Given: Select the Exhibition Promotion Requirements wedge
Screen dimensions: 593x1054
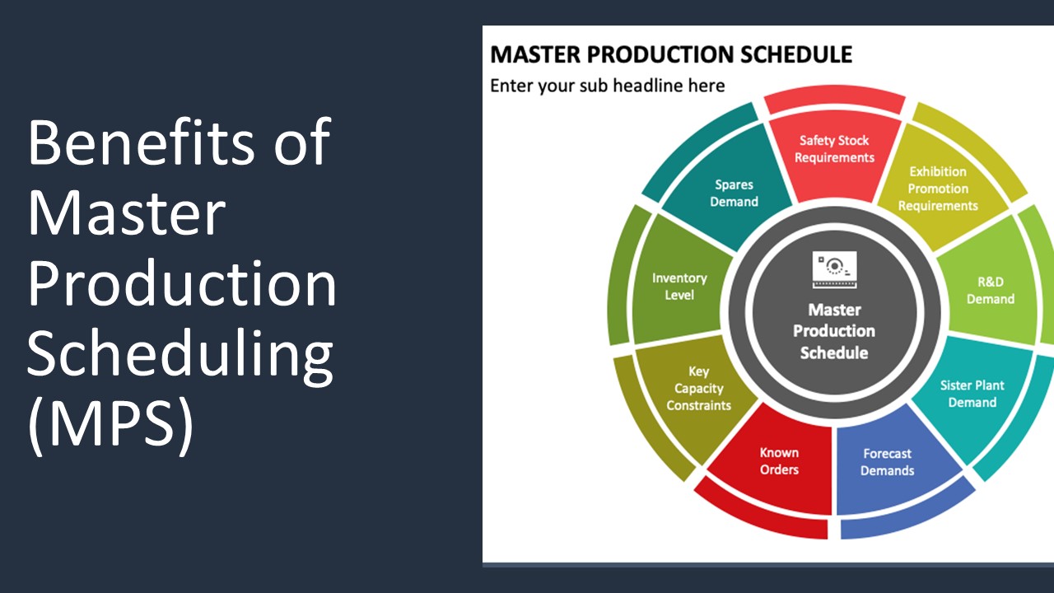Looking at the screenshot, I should coord(937,189).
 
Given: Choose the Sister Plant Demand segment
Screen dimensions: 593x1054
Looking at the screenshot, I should coord(972,394).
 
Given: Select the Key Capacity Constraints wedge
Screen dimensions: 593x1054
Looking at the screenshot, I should coord(698,389).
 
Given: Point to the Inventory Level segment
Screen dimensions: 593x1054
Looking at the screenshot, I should coord(679,287).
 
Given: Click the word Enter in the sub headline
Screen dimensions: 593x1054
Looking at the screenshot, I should coord(511,86).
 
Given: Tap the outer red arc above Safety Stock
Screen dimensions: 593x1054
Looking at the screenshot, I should coord(834,103).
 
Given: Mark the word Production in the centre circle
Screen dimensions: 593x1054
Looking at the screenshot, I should coord(834,331).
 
